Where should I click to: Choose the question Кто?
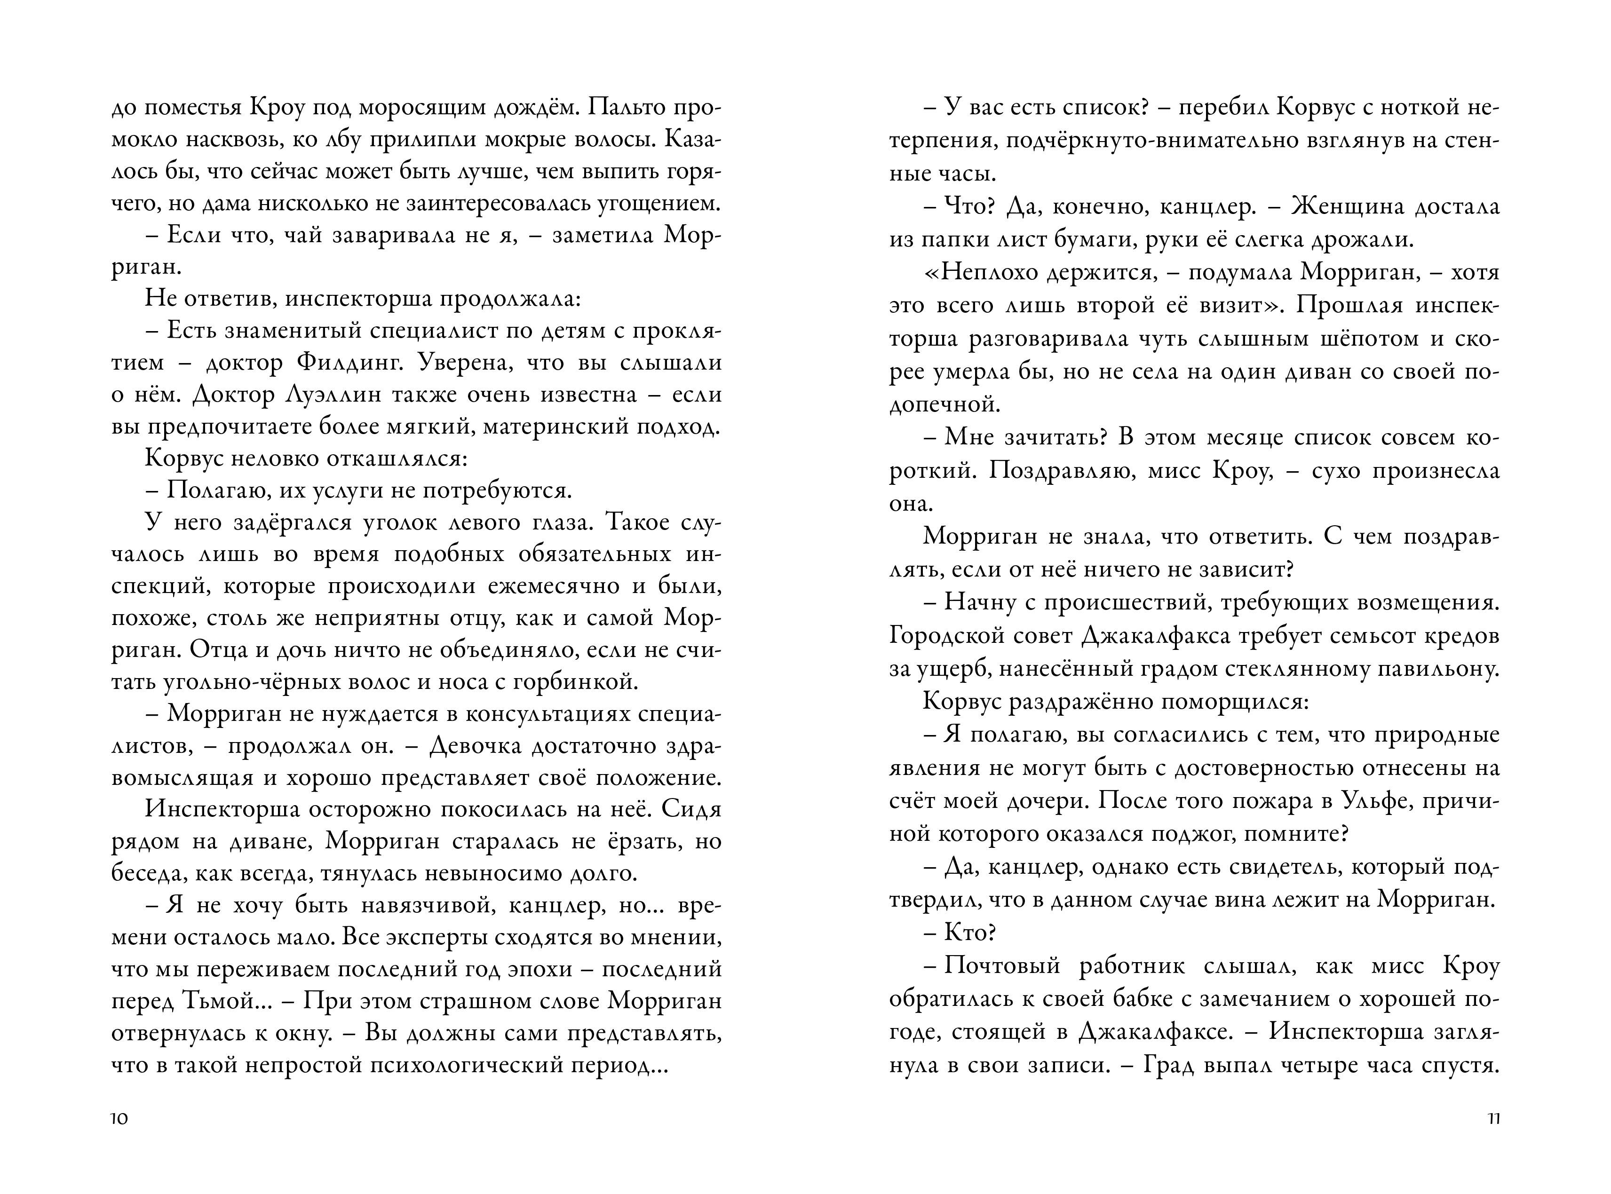pos(970,933)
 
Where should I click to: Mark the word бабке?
pos(1151,999)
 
